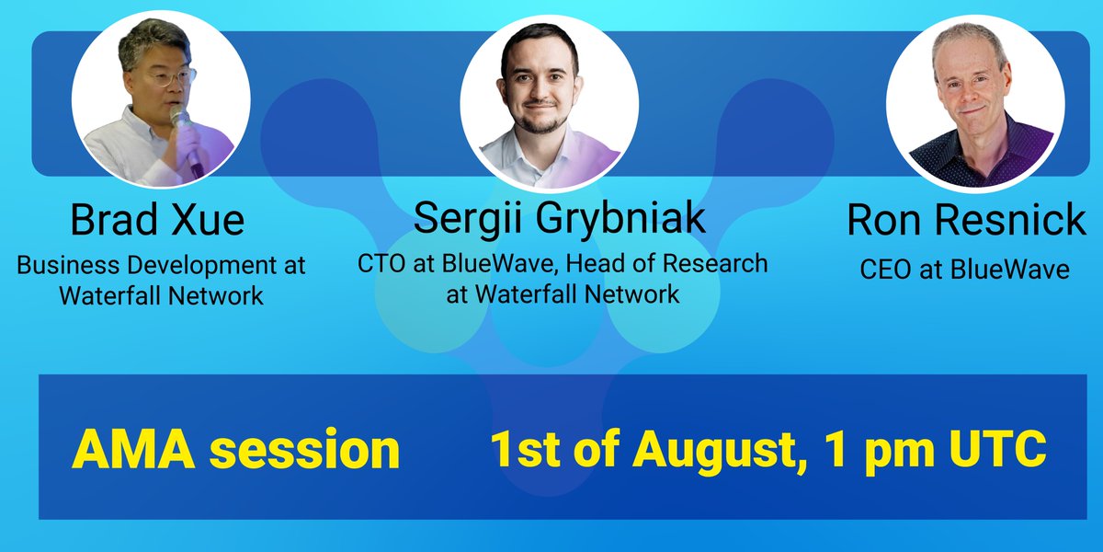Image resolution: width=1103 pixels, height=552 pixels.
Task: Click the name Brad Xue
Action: (157, 220)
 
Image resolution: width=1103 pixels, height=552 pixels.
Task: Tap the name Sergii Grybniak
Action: (560, 218)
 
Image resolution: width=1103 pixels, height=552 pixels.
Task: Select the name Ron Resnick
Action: (966, 220)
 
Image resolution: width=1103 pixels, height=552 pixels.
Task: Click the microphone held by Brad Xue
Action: (188, 141)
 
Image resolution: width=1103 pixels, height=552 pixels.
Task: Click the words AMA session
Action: (235, 450)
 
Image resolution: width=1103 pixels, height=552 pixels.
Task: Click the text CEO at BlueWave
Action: (964, 269)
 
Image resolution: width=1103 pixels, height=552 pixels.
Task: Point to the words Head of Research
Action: (667, 263)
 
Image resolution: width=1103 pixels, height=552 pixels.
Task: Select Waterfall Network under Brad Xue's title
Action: (162, 296)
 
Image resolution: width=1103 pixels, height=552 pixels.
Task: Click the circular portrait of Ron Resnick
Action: (975, 103)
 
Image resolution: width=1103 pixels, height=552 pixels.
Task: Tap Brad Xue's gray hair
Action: (153, 42)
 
